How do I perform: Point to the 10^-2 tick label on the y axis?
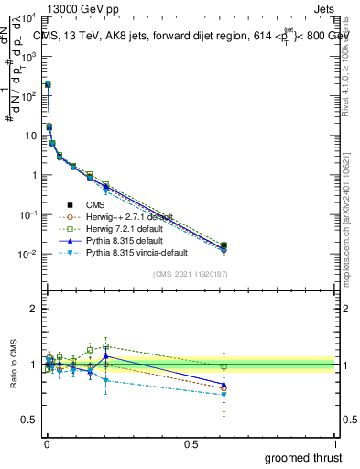tap(26, 255)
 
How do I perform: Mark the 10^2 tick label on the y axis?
tap(27, 96)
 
